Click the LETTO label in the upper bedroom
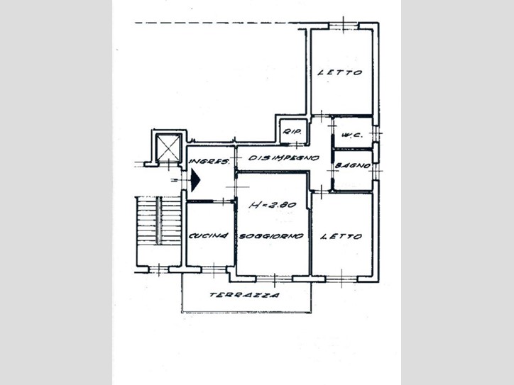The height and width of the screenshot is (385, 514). click(x=340, y=72)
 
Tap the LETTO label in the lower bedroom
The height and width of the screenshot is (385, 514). click(x=341, y=236)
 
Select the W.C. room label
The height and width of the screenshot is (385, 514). click(x=351, y=135)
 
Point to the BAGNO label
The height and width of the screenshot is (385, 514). click(x=353, y=166)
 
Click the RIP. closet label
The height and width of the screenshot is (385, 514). click(x=292, y=132)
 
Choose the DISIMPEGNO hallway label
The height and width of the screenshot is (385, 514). click(x=283, y=158)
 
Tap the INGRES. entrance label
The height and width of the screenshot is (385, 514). click(x=209, y=161)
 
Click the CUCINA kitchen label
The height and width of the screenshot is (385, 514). click(x=209, y=235)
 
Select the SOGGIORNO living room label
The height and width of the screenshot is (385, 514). click(x=271, y=235)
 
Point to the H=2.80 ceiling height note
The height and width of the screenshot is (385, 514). click(x=273, y=206)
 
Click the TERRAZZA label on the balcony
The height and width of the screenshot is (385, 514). click(x=244, y=295)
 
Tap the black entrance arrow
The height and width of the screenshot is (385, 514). click(x=195, y=179)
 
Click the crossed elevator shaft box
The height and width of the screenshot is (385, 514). click(x=168, y=147)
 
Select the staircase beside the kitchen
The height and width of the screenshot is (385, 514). click(x=158, y=221)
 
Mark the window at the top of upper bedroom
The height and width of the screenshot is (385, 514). click(x=343, y=26)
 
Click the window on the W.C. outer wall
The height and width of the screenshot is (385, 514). click(x=376, y=133)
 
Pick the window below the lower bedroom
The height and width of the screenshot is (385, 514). click(x=341, y=279)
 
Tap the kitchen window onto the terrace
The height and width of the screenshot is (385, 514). click(x=214, y=269)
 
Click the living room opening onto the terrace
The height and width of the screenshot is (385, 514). click(x=274, y=279)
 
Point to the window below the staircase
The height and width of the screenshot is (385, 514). click(x=158, y=269)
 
